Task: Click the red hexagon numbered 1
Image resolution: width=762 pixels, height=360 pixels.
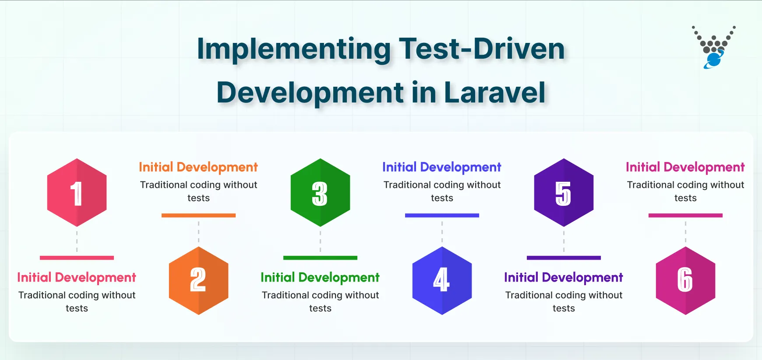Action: coord(77,193)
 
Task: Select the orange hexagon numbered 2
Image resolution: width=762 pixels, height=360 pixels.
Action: coord(198,280)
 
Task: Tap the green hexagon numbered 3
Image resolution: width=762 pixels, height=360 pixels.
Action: coord(320,193)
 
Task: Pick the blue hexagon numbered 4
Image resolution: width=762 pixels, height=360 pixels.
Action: coord(442,280)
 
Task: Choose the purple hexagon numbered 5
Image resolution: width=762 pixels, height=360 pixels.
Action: coord(564,193)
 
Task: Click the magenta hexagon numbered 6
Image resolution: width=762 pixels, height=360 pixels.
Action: coord(685,280)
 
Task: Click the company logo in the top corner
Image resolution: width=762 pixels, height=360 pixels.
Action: coord(713,47)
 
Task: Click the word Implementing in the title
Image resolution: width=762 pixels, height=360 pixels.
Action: coord(293,49)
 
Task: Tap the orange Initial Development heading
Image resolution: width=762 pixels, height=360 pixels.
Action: coord(198,167)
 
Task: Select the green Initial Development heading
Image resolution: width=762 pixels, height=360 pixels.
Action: coord(320,278)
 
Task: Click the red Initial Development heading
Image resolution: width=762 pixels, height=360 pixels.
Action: coord(77,278)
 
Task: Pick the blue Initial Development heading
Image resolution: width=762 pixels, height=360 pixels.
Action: coord(442,167)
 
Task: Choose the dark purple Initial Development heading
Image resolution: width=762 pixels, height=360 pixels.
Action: coord(564,278)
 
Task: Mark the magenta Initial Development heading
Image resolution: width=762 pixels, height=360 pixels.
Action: coord(685,167)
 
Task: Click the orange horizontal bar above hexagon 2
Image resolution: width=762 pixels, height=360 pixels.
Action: coord(198,215)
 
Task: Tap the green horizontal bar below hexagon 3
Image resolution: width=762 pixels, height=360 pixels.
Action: coord(320,258)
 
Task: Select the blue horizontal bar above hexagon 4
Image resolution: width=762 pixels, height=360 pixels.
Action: coord(442,215)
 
